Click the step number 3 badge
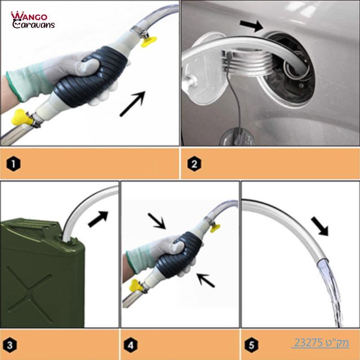[x=13, y=346]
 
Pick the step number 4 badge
[x=130, y=346]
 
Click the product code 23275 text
[x=320, y=343]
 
